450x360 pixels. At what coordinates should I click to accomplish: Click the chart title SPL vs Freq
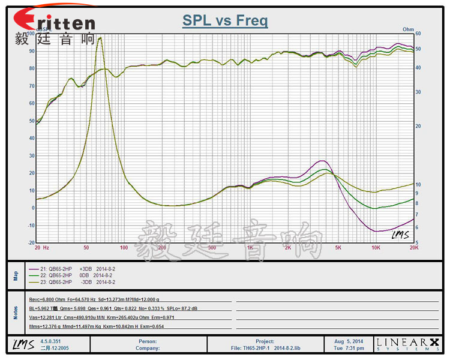pos(225,21)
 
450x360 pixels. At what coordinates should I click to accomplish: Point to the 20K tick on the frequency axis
pos(413,247)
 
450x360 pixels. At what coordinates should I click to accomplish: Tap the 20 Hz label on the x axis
pos(41,247)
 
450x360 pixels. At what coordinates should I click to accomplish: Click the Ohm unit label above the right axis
pos(408,28)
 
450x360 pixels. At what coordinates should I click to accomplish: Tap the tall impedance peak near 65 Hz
pos(100,38)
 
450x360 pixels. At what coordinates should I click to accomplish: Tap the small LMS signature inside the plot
pos(401,234)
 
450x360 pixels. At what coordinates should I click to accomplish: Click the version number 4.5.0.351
pos(51,341)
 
